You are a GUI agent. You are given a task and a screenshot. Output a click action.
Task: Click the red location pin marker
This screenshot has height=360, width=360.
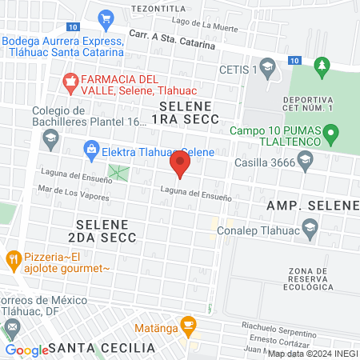(180, 166)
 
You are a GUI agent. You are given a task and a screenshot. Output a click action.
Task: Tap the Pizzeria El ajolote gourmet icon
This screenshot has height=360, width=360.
(13, 258)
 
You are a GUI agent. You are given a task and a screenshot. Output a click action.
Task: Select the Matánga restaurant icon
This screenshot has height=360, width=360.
(188, 324)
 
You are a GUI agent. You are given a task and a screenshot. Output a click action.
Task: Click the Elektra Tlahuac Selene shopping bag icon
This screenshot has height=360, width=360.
(91, 148)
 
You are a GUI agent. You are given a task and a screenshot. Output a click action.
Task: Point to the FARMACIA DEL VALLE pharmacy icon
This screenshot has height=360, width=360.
(70, 80)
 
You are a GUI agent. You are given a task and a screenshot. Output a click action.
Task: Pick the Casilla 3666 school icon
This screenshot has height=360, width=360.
(304, 162)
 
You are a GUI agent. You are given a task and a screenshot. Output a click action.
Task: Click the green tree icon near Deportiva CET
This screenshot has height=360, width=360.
(322, 63)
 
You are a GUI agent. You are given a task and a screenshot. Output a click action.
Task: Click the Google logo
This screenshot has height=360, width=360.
(26, 350)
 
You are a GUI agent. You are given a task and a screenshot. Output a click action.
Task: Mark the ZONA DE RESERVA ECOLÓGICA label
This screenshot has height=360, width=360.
(301, 279)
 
